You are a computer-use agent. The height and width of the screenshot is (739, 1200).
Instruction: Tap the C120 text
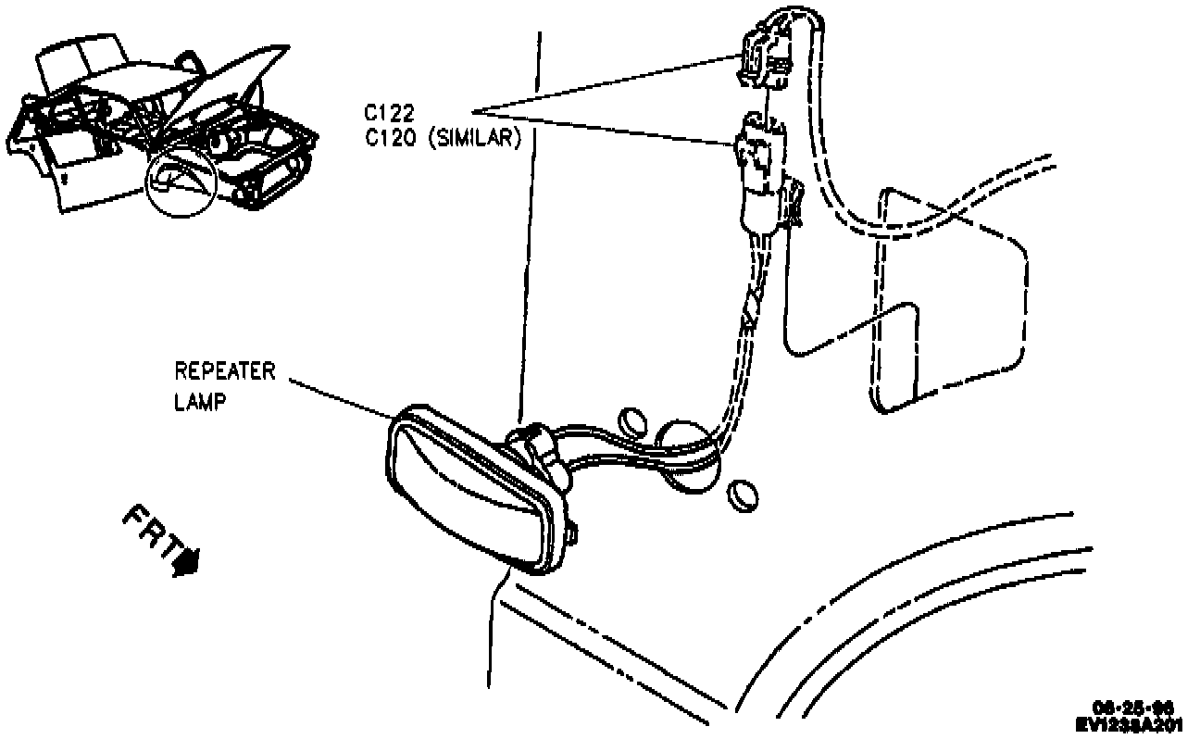[388, 139]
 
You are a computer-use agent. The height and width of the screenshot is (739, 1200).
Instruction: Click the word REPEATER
[225, 371]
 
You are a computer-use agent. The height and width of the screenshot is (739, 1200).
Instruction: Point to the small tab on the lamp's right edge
[574, 533]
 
